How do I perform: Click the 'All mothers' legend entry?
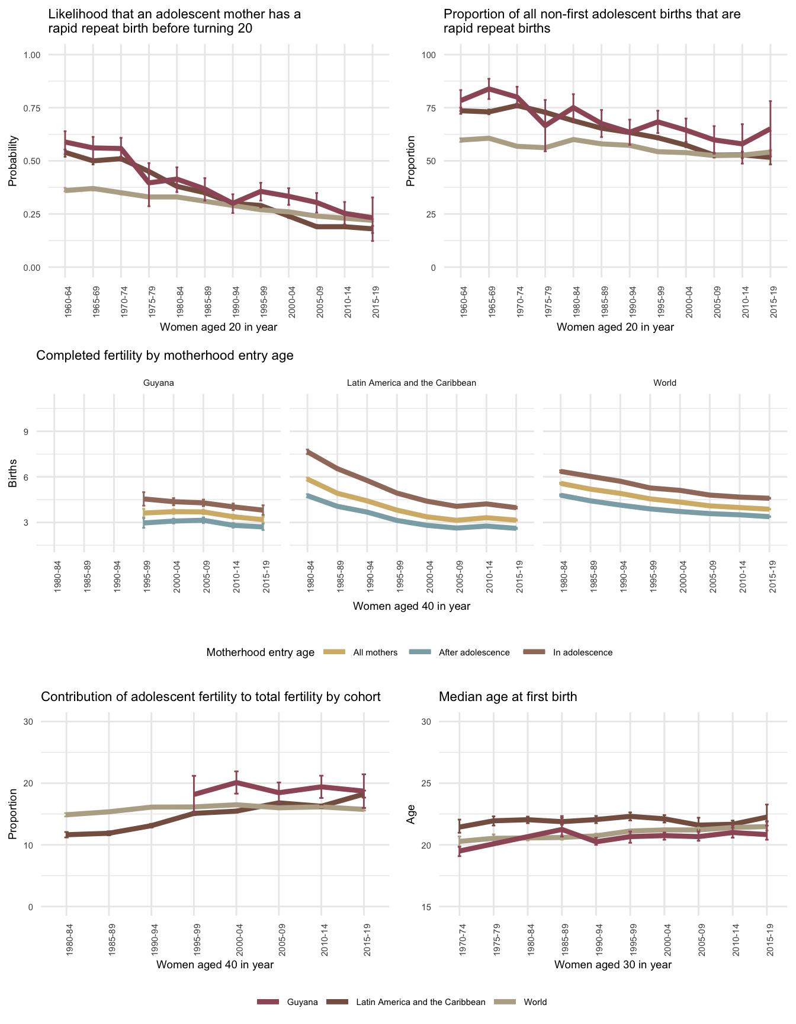[x=375, y=652]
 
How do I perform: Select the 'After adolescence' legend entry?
[x=474, y=652]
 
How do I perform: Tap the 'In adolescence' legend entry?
[x=582, y=652]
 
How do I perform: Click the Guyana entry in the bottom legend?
[x=302, y=1002]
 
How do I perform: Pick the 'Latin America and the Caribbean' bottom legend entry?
[x=421, y=1002]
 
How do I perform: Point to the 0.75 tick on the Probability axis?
[x=31, y=108]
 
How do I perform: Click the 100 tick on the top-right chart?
[x=428, y=55]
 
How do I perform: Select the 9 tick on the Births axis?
[x=26, y=431]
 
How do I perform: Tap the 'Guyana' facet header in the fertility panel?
[x=159, y=383]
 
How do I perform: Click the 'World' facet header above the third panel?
[x=665, y=383]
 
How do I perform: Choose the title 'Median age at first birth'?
[x=508, y=697]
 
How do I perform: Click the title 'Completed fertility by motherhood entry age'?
[x=165, y=356]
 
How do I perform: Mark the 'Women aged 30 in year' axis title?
[x=613, y=964]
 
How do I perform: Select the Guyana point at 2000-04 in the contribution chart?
[x=236, y=782]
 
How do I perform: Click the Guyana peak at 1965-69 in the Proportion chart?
[x=489, y=88]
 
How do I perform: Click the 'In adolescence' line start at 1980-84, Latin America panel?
[x=308, y=452]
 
